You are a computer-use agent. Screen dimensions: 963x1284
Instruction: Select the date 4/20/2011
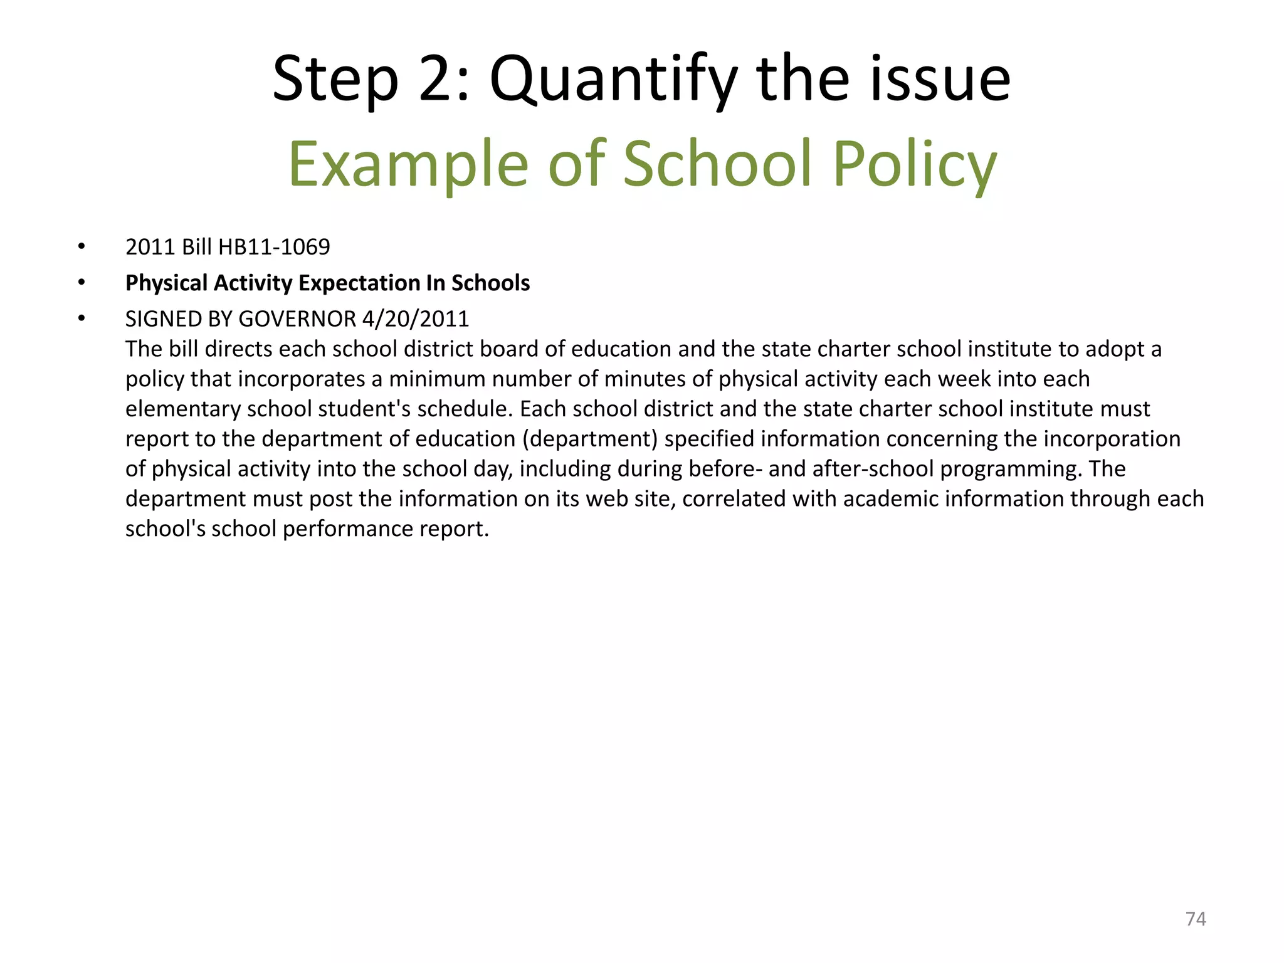tap(416, 319)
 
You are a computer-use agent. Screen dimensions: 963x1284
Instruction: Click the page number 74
tap(1195, 919)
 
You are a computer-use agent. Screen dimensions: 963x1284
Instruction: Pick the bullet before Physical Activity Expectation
tap(82, 283)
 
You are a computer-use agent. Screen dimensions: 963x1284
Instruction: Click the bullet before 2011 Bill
tap(82, 247)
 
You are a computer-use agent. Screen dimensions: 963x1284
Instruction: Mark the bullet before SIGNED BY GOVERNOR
tap(82, 318)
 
